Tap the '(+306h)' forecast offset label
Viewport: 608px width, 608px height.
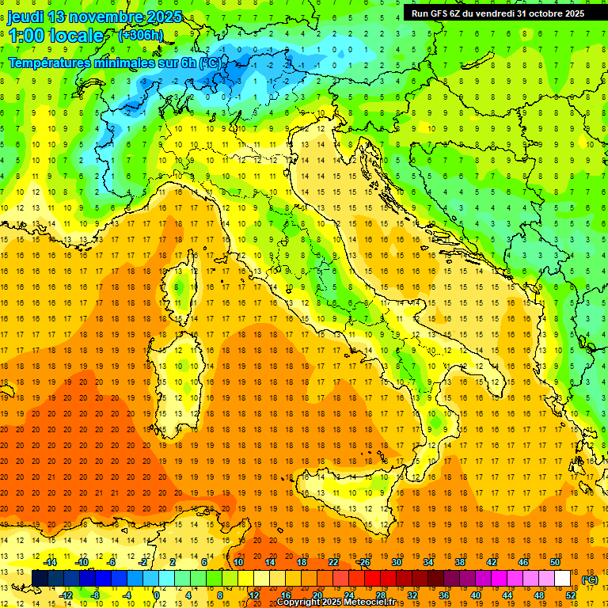click(x=141, y=35)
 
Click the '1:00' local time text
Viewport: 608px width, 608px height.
click(x=27, y=36)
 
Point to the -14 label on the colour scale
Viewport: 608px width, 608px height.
click(x=50, y=562)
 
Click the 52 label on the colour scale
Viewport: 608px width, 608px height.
click(x=571, y=595)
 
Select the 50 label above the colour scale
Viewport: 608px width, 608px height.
click(x=555, y=562)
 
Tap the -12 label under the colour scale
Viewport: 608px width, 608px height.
click(x=66, y=595)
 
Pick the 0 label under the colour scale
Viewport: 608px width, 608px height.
click(x=157, y=595)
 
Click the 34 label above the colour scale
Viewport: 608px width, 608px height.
click(x=428, y=562)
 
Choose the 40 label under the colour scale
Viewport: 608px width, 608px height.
click(x=476, y=595)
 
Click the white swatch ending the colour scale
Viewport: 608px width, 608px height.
click(x=562, y=579)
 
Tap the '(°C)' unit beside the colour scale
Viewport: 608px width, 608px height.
click(x=589, y=579)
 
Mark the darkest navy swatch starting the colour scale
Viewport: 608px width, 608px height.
click(x=40, y=579)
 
